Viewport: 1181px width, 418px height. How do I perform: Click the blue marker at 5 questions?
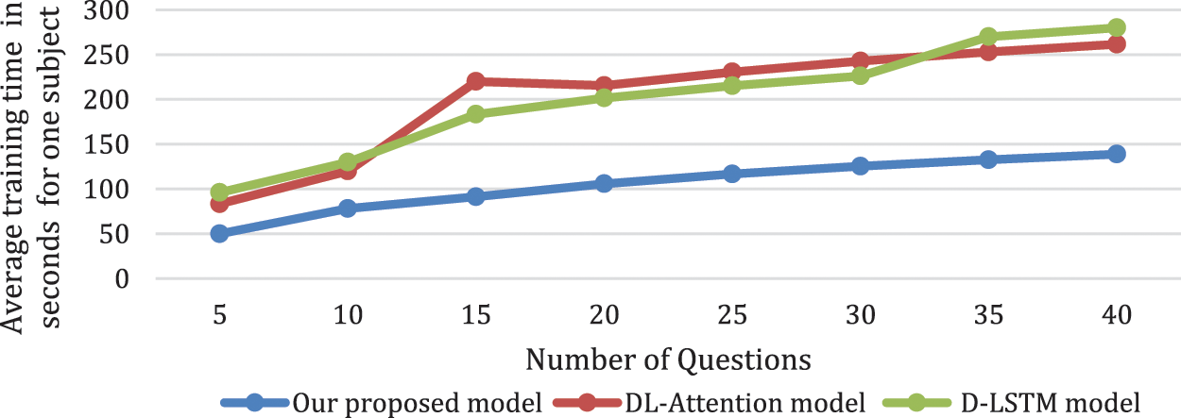click(219, 233)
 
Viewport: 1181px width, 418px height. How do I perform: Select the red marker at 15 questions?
click(475, 81)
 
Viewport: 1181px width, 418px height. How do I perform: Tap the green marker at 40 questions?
click(1116, 27)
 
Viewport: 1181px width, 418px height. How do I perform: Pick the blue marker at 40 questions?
click(1116, 154)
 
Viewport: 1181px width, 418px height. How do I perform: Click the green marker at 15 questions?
click(475, 114)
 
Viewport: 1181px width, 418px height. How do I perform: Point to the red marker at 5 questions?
click(219, 203)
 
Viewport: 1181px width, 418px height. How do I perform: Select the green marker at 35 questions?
click(988, 37)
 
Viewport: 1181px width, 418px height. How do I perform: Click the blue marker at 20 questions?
click(604, 183)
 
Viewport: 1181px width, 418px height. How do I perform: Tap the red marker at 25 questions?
click(732, 72)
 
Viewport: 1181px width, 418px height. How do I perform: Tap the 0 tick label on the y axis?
click(122, 279)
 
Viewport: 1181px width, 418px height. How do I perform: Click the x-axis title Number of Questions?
click(668, 359)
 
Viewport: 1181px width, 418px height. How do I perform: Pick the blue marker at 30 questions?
click(860, 166)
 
